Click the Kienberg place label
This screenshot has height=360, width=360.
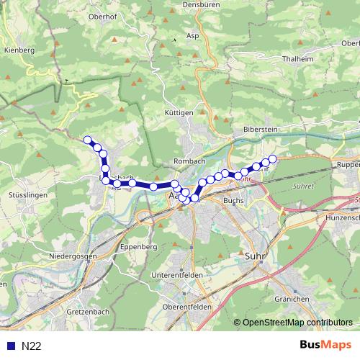[19, 51]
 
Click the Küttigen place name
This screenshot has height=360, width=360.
[179, 113]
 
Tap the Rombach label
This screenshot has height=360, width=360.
[190, 161]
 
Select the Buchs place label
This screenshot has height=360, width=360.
[233, 200]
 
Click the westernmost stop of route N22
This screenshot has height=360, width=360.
[88, 140]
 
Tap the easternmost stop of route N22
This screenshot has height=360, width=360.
[272, 158]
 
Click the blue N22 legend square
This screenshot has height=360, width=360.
[9, 346]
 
